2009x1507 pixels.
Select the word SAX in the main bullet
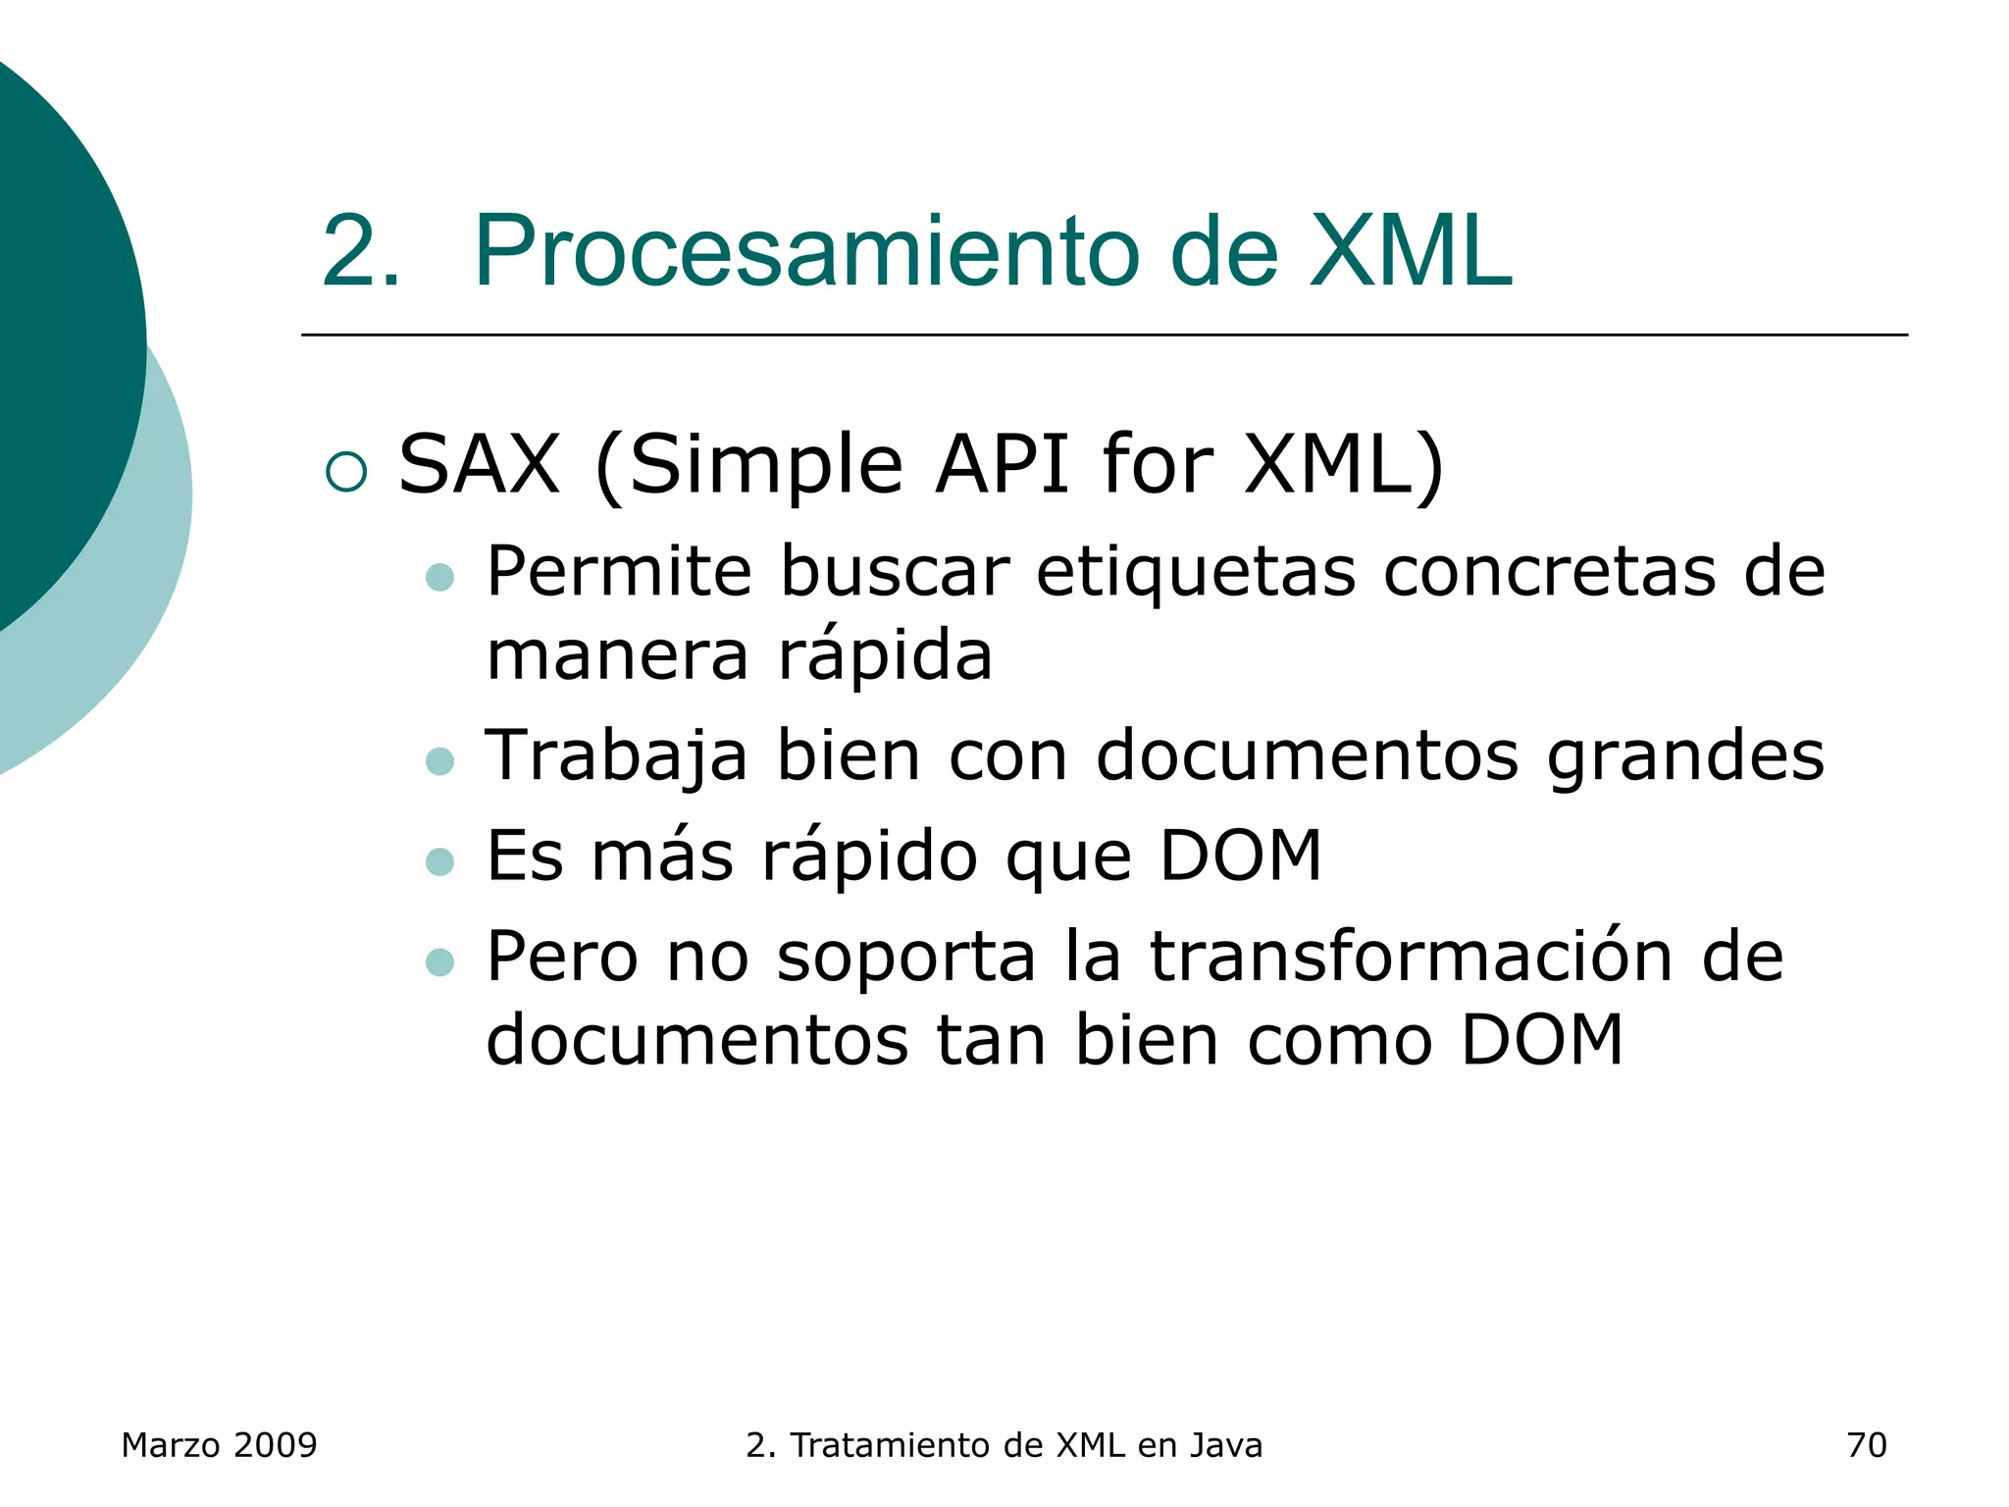480,464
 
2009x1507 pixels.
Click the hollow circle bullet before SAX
346,472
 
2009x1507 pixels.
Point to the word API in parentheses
1002,464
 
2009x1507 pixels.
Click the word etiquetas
1196,572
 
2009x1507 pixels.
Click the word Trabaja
617,757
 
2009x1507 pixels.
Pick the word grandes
1685,757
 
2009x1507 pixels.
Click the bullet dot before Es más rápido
440,862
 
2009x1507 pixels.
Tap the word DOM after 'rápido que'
1240,857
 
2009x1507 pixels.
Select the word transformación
1411,957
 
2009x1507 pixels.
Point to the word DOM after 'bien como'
1542,1041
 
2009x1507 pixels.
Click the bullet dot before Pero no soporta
440,962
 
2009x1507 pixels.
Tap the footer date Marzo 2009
219,1445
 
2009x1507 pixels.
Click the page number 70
1866,1445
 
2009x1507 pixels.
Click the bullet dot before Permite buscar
440,578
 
